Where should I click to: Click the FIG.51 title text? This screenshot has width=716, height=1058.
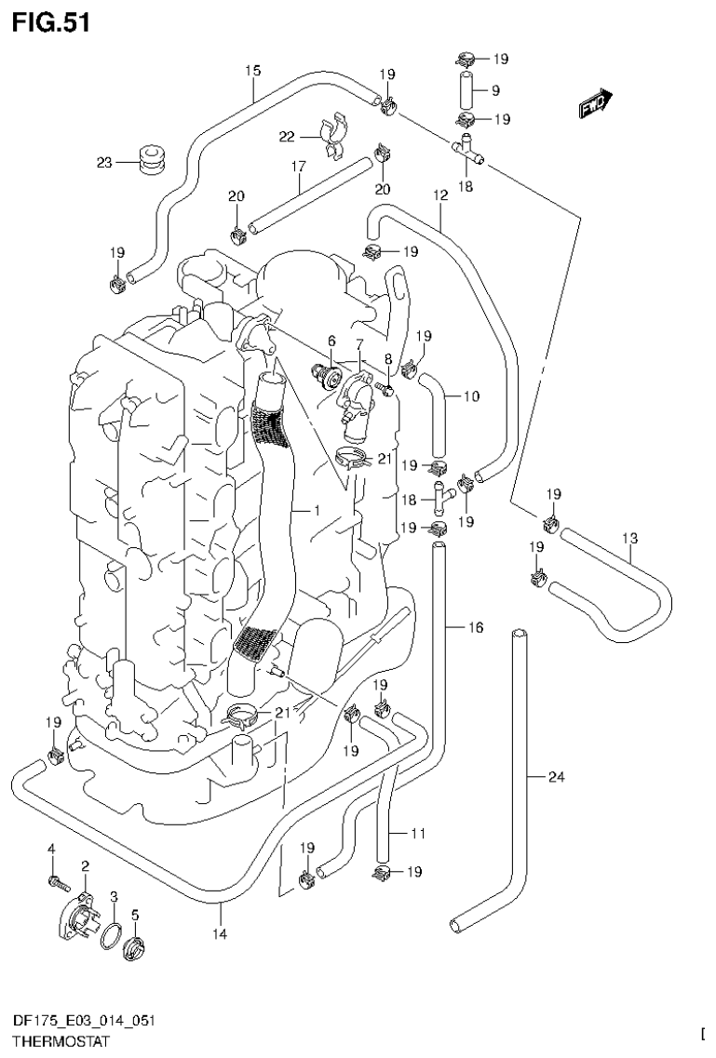52,22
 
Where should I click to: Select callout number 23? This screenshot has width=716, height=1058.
103,163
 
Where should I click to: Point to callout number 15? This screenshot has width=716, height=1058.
252,70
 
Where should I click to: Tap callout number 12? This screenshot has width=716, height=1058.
440,196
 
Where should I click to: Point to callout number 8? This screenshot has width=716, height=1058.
387,356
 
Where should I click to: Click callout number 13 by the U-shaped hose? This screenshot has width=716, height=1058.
630,539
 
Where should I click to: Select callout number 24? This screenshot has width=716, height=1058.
556,777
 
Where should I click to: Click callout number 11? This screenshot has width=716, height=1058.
417,833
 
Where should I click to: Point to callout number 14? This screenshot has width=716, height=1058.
221,932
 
